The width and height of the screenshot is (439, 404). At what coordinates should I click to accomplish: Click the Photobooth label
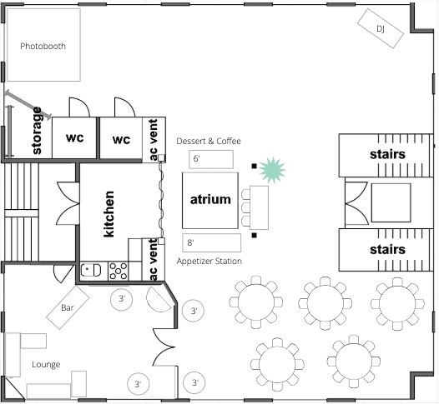pyautogui.click(x=43, y=46)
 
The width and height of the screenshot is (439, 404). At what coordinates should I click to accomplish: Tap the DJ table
pyautogui.click(x=381, y=28)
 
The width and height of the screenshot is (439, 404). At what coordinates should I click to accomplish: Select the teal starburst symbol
pyautogui.click(x=272, y=170)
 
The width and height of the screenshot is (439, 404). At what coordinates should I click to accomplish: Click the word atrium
pyautogui.click(x=210, y=199)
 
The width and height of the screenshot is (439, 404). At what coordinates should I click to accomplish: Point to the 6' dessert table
pyautogui.click(x=211, y=159)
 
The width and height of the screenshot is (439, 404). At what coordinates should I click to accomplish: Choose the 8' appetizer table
pyautogui.click(x=211, y=242)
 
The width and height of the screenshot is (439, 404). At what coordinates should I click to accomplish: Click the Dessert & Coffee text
pyautogui.click(x=209, y=141)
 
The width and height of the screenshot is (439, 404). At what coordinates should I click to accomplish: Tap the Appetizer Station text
pyautogui.click(x=209, y=262)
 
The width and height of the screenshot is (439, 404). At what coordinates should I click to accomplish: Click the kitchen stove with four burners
pyautogui.click(x=119, y=271)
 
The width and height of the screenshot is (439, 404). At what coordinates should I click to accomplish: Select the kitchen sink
pyautogui.click(x=91, y=270)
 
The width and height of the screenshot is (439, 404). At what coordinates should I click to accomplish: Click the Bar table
pyautogui.click(x=68, y=307)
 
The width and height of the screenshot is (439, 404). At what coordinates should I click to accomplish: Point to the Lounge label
pyautogui.click(x=46, y=364)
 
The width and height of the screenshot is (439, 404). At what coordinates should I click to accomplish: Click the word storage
pyautogui.click(x=37, y=131)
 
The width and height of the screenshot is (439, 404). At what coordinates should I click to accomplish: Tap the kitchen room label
pyautogui.click(x=108, y=214)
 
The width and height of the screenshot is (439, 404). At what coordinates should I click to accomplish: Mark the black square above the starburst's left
pyautogui.click(x=254, y=167)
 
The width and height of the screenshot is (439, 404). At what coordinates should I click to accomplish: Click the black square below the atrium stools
pyautogui.click(x=254, y=236)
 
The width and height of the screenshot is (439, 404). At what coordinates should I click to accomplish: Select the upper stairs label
pyautogui.click(x=387, y=154)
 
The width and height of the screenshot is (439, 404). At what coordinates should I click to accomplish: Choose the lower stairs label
pyautogui.click(x=387, y=250)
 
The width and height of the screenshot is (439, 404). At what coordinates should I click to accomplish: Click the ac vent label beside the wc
pyautogui.click(x=154, y=140)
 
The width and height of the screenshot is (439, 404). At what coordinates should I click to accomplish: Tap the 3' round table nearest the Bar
pyautogui.click(x=121, y=299)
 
